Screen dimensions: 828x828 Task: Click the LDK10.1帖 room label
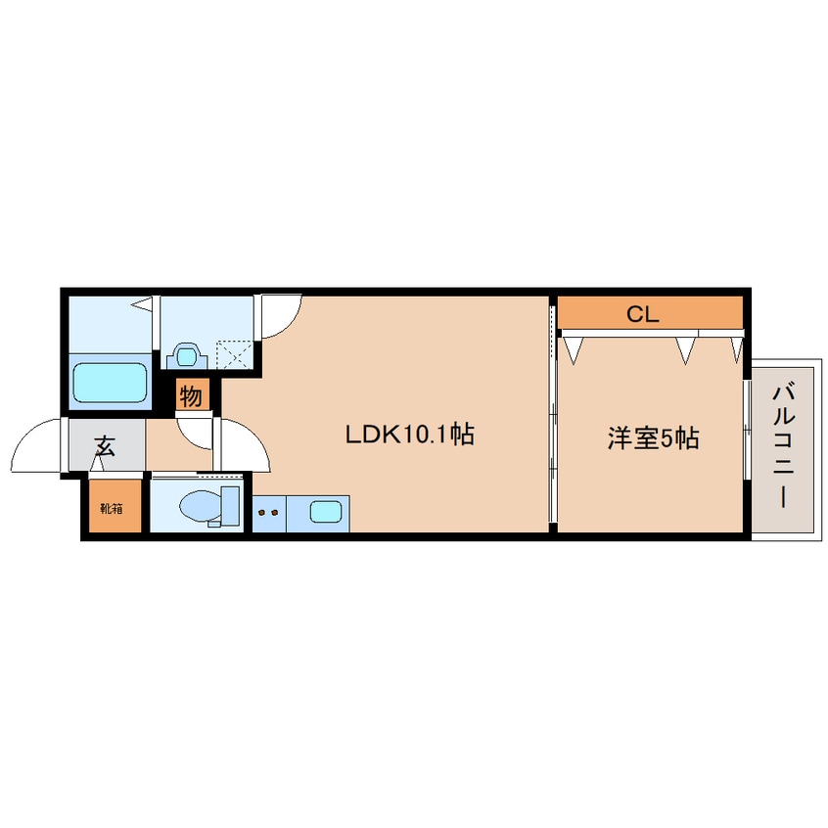click(409, 435)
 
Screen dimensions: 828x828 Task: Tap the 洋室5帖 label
click(653, 438)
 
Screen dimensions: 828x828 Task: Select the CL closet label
click(643, 314)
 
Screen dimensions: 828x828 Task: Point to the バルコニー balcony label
click(782, 445)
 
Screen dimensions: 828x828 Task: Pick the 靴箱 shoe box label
click(111, 508)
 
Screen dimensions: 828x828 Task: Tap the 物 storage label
click(192, 396)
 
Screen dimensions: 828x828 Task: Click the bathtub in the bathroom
click(111, 383)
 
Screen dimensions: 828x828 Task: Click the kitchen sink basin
click(326, 510)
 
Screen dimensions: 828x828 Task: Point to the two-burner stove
click(269, 510)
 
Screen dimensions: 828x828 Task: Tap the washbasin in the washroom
click(186, 352)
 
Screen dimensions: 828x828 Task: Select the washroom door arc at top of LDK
click(282, 315)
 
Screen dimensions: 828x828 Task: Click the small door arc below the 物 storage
click(196, 429)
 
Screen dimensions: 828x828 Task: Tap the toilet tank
click(231, 505)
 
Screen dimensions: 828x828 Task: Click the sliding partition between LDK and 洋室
click(553, 416)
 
